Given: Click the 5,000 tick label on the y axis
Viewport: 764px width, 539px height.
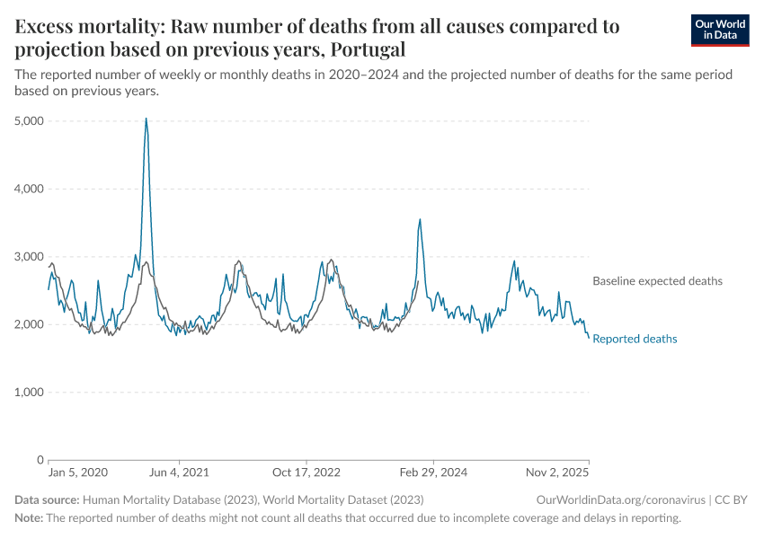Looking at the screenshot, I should [x=31, y=120].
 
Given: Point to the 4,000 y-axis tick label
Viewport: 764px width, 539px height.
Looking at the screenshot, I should [x=31, y=189].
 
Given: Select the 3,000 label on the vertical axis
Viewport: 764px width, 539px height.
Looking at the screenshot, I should [x=31, y=257].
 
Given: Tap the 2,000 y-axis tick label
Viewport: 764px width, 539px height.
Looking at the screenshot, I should [x=31, y=324].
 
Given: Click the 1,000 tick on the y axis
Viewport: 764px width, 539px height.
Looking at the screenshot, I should [x=31, y=393].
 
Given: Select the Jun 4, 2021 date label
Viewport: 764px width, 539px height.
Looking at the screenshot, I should [x=178, y=473].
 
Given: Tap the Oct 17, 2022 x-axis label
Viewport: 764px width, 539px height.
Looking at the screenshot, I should [x=306, y=473].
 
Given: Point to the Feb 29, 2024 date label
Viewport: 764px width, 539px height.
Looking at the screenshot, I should [x=433, y=473].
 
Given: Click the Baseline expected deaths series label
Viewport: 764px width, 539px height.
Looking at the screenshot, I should [x=657, y=281].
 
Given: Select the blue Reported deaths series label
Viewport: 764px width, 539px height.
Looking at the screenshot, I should [x=635, y=339].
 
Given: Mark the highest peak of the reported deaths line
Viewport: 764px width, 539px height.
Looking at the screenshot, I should [x=146, y=119].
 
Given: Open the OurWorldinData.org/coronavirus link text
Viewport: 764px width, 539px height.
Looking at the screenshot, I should [x=618, y=499].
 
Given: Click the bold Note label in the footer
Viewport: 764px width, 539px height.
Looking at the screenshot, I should [x=28, y=518].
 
